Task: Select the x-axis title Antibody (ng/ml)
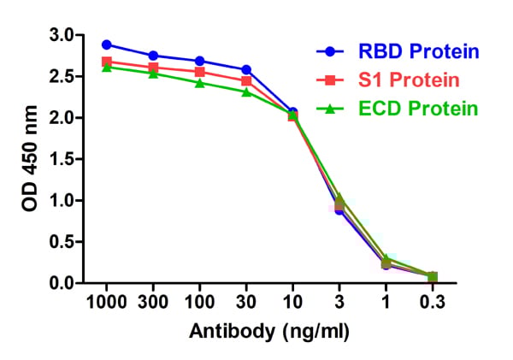pyautogui.click(x=269, y=331)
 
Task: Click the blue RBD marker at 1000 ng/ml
pyautogui.click(x=107, y=44)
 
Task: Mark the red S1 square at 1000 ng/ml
pyautogui.click(x=107, y=62)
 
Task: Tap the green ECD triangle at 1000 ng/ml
pyautogui.click(x=107, y=67)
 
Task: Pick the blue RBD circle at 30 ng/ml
pyautogui.click(x=246, y=69)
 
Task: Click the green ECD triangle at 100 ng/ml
pyautogui.click(x=200, y=82)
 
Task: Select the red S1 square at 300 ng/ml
pyautogui.click(x=153, y=67)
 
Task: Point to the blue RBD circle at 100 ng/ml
pyautogui.click(x=200, y=61)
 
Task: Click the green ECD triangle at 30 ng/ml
pyautogui.click(x=246, y=91)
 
